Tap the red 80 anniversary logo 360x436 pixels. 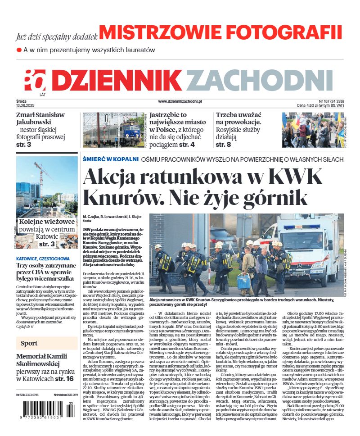tap(35, 81)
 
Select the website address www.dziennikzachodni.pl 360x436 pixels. tap(180, 102)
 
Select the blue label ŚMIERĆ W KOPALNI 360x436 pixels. tap(110, 159)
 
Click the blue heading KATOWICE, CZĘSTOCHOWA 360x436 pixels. tap(43, 259)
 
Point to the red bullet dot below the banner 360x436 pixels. tap(19, 50)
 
